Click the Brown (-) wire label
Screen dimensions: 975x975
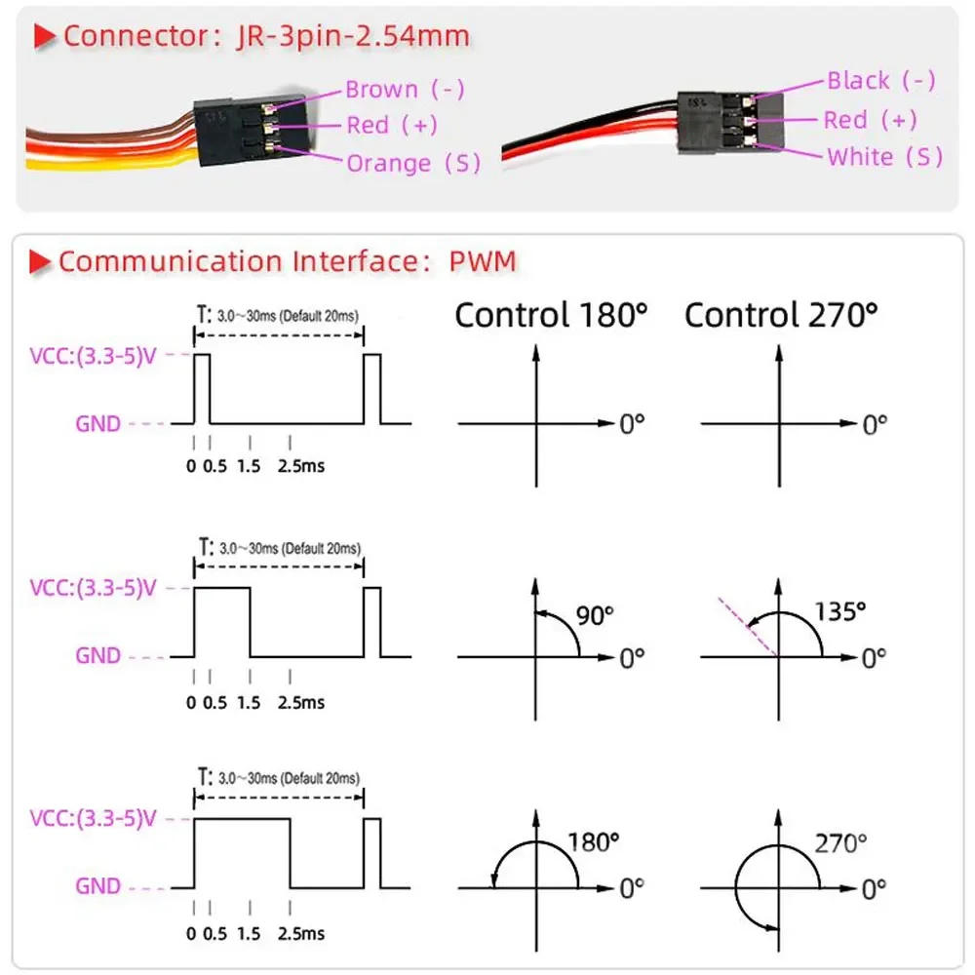tap(405, 90)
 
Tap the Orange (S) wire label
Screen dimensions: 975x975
tap(413, 163)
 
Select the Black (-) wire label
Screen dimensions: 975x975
tap(881, 81)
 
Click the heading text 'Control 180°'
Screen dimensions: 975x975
tap(551, 315)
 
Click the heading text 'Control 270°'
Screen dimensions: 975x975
tap(781, 315)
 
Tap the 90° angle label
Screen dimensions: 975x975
tap(594, 615)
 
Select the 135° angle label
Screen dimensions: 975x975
tap(839, 611)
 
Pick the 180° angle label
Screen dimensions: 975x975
tap(594, 842)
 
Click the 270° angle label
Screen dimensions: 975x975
tap(839, 842)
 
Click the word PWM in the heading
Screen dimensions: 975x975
tap(483, 261)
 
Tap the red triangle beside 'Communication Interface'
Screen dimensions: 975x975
tap(41, 261)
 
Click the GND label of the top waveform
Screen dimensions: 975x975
tap(97, 424)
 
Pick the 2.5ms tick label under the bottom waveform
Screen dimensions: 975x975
tap(301, 934)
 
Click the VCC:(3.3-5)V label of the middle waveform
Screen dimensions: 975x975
tap(93, 588)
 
